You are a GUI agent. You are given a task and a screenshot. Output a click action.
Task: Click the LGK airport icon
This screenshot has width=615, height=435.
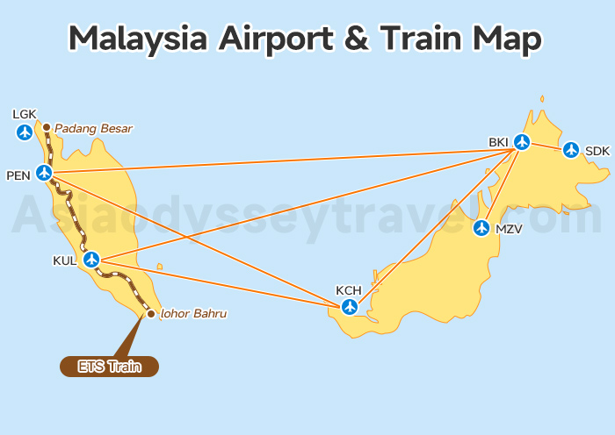click(25, 132)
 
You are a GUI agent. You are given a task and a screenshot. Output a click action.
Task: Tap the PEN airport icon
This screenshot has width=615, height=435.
click(44, 173)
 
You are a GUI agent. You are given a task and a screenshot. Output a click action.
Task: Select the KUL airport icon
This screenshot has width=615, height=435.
click(90, 260)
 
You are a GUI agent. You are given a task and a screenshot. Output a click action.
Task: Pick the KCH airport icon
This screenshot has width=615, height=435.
click(350, 306)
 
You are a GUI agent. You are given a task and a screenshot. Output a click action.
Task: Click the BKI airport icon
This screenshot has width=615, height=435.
click(522, 141)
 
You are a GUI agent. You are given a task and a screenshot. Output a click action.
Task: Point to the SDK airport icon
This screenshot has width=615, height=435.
click(571, 150)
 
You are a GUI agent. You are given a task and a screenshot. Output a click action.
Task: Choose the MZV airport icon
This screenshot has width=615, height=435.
click(481, 228)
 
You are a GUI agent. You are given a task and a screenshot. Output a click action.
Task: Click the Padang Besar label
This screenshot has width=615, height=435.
click(93, 129)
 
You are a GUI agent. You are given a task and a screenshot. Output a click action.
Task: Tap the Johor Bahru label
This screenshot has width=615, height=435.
click(194, 313)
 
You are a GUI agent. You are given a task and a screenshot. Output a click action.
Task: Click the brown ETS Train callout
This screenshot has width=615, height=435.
click(109, 367)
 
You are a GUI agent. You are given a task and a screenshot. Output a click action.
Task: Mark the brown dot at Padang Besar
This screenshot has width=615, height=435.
click(47, 128)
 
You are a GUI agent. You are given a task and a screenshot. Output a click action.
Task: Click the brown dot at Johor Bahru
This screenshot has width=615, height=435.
click(151, 313)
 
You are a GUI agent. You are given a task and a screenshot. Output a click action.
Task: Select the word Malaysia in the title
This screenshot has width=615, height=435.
click(137, 39)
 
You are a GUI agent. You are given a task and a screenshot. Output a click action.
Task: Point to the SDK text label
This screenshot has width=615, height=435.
click(597, 151)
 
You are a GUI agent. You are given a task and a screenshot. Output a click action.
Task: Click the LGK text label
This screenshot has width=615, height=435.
click(25, 114)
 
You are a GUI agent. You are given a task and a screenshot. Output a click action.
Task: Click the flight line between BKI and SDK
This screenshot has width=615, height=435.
click(546, 146)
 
